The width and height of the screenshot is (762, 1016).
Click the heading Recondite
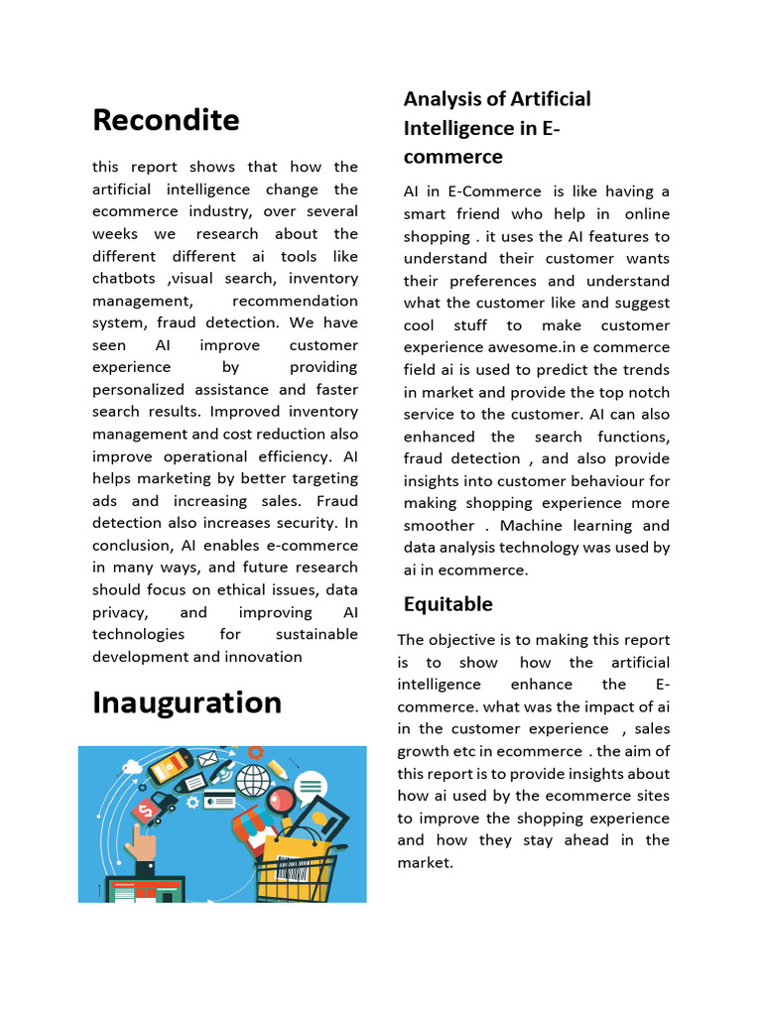click(x=166, y=120)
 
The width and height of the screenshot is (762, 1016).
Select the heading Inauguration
click(x=187, y=702)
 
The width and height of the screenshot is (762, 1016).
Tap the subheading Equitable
click(x=447, y=603)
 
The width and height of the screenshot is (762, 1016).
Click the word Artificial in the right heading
click(x=551, y=99)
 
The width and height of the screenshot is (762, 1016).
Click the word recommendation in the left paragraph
click(x=295, y=301)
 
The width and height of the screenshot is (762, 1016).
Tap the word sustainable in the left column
click(x=313, y=634)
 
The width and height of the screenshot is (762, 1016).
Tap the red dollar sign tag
click(x=148, y=811)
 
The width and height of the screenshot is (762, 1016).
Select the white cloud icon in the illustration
click(x=132, y=766)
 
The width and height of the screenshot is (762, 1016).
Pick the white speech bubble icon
click(x=310, y=788)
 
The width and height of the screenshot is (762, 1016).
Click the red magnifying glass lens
click(x=281, y=797)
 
